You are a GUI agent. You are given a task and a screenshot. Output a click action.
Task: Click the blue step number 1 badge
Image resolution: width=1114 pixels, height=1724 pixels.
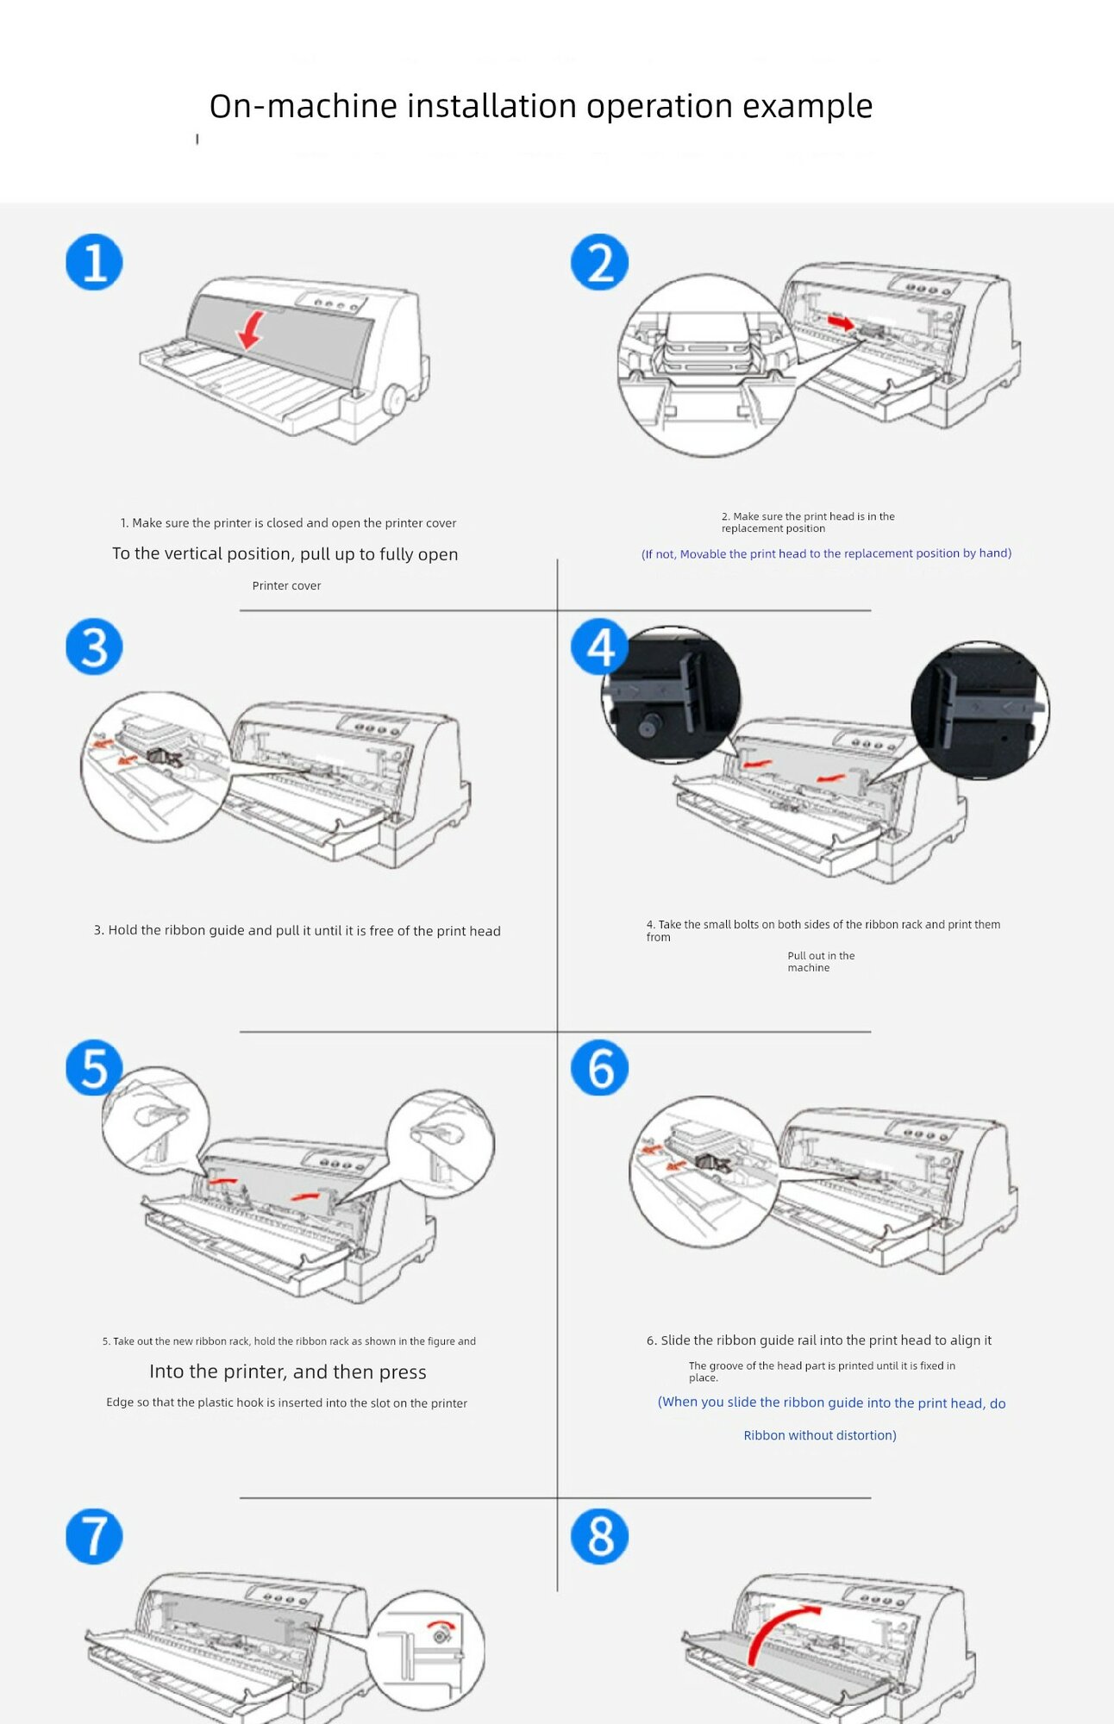(x=94, y=262)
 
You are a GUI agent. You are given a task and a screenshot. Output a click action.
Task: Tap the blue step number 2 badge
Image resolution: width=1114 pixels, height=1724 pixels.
(x=599, y=262)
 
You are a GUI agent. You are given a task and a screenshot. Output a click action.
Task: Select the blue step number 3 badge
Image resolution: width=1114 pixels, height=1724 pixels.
(x=94, y=646)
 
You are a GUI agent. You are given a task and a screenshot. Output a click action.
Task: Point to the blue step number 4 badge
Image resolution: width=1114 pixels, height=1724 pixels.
(x=599, y=646)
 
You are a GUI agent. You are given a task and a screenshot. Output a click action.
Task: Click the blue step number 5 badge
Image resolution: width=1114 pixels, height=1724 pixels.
(x=94, y=1067)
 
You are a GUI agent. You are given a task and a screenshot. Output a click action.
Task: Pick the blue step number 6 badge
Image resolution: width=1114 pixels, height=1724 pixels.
(x=599, y=1067)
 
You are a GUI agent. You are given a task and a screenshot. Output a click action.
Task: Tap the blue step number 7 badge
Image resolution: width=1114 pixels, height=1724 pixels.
(x=94, y=1535)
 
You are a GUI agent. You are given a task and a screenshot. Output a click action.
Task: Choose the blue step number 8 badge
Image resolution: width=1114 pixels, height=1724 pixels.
(x=599, y=1535)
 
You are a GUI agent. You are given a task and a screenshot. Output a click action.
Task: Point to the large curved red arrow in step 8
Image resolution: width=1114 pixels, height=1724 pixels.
(x=776, y=1629)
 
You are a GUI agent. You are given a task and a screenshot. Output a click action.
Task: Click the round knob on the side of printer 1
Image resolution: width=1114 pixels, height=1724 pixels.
(x=395, y=400)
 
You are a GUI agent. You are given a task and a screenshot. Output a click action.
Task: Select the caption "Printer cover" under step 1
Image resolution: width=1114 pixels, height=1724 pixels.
(x=286, y=586)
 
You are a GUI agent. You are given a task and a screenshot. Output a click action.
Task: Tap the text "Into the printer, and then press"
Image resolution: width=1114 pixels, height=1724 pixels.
(x=287, y=1371)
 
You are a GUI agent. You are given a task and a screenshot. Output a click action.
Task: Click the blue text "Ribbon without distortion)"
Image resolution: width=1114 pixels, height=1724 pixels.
(x=819, y=1435)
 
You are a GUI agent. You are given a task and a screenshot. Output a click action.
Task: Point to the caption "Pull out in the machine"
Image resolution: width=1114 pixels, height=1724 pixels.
(x=820, y=962)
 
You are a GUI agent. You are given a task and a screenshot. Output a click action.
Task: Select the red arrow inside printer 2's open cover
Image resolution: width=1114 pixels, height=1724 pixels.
(x=841, y=322)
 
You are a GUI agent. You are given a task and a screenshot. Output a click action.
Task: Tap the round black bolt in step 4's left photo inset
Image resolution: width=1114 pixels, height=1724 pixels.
(x=648, y=727)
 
